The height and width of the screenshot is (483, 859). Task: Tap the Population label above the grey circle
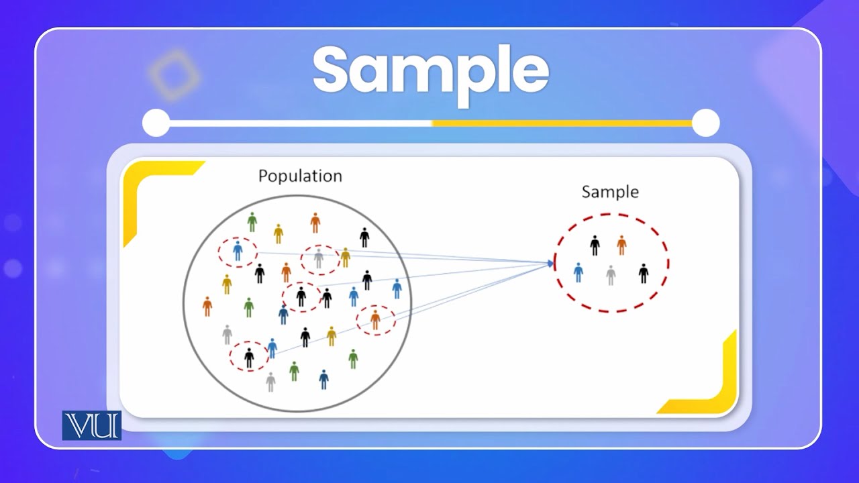300,176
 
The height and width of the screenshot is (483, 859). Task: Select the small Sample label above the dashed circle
609,192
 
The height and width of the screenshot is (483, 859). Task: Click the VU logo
92,425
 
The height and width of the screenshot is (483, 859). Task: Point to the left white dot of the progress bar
156,123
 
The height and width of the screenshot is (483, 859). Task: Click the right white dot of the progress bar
705,123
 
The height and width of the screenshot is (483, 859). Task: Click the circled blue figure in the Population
238,251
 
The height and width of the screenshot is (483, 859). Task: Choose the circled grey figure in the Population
319,258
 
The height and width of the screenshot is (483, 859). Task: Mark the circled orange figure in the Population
375,319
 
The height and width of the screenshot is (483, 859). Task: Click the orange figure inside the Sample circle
621,245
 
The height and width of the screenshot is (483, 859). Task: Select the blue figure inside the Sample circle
578,272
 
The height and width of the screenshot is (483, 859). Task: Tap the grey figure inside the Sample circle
611,275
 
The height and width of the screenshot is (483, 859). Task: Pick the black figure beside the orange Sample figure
595,246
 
